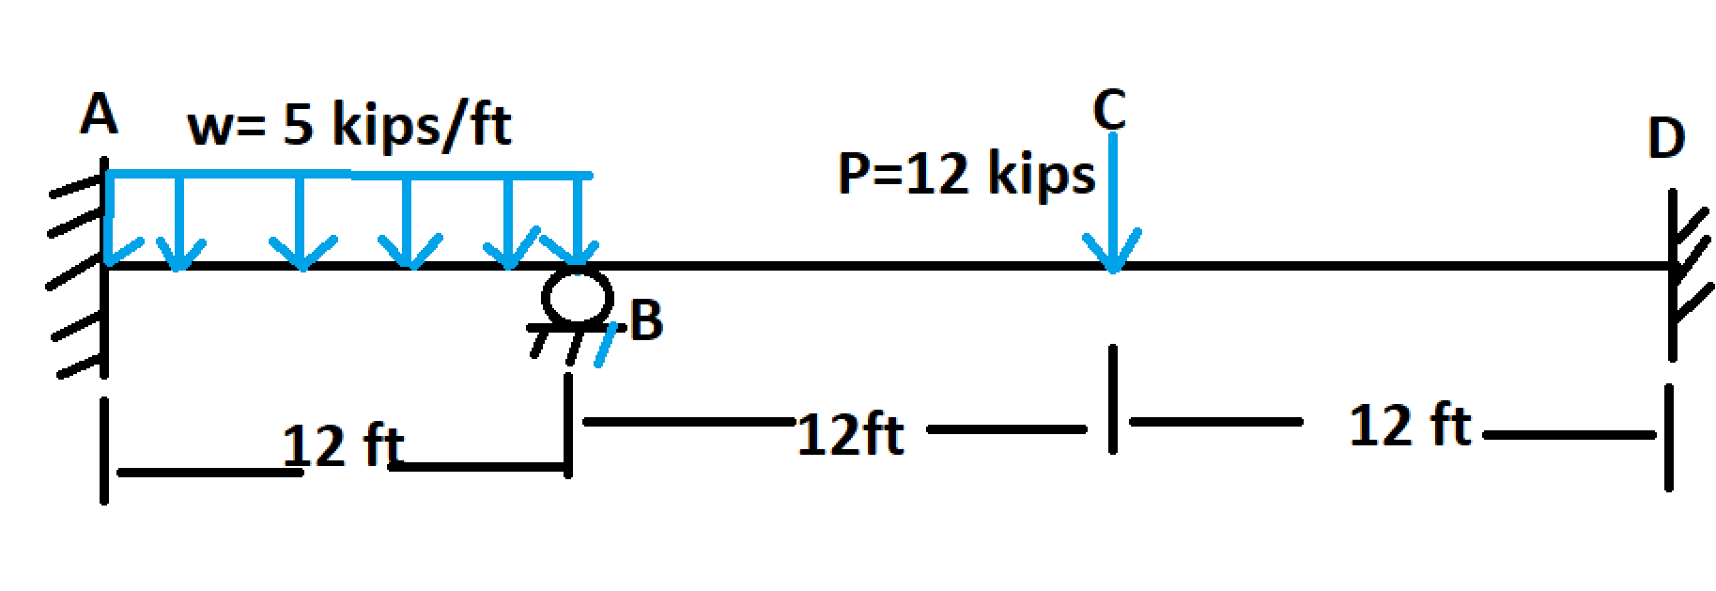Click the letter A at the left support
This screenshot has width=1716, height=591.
[99, 117]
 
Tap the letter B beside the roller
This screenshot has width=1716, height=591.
[647, 320]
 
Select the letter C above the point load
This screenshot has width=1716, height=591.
[1108, 110]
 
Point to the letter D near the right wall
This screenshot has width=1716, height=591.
[1666, 140]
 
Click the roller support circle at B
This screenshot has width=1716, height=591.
[577, 295]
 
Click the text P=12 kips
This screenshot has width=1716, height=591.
[966, 174]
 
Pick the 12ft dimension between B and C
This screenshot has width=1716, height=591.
[850, 435]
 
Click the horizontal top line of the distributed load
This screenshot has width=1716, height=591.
[349, 175]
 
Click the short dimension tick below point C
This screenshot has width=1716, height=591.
[1112, 399]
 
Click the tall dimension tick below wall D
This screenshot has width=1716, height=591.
[1668, 437]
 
